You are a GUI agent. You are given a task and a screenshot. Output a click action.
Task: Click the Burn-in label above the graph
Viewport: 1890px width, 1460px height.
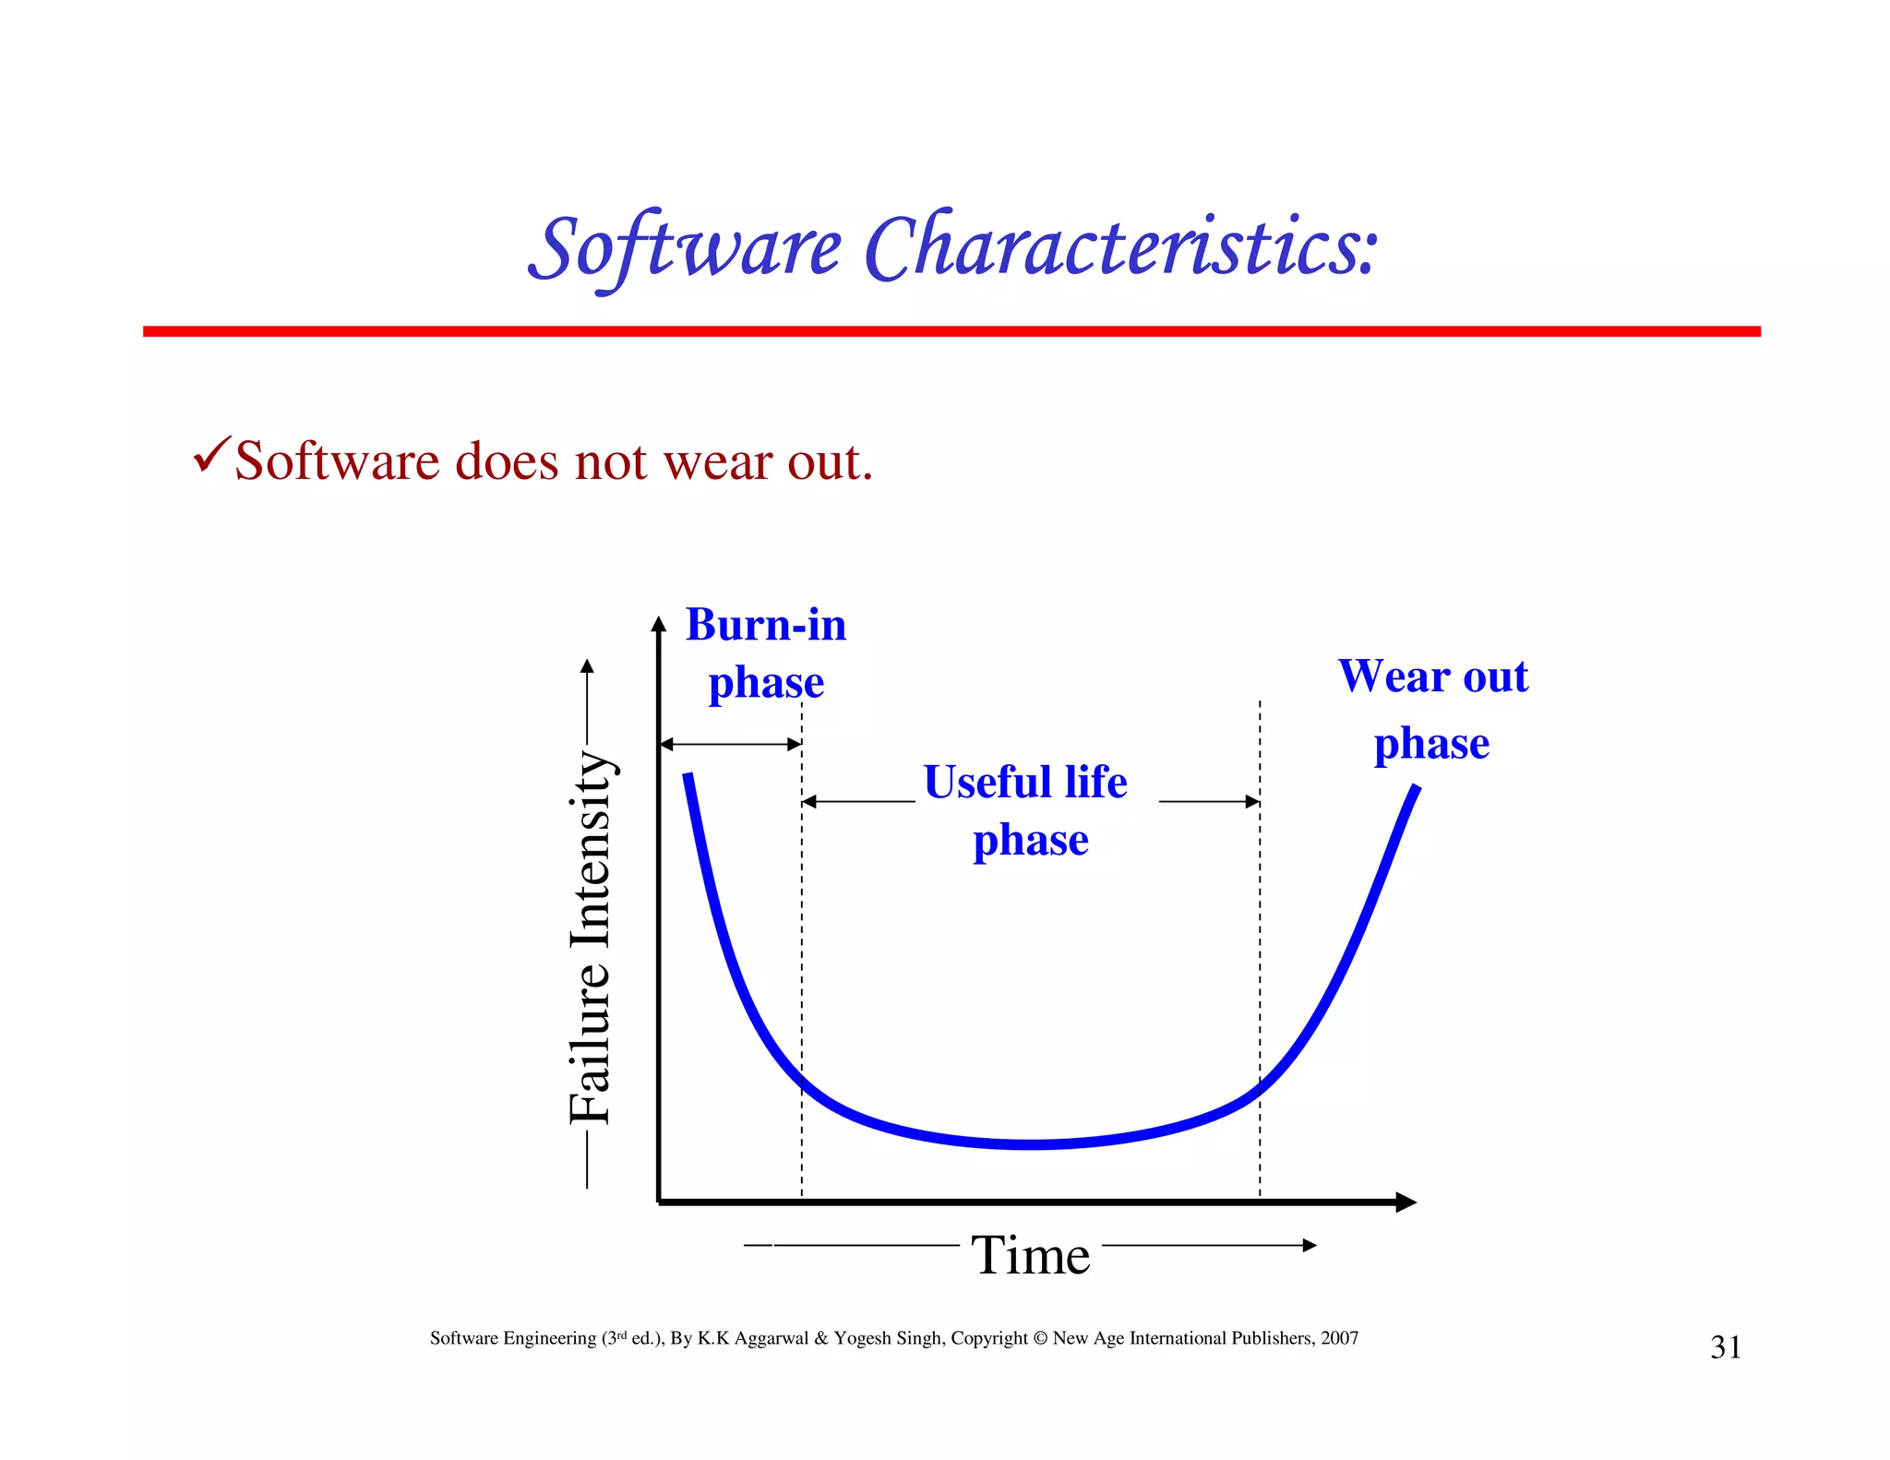pyautogui.click(x=765, y=625)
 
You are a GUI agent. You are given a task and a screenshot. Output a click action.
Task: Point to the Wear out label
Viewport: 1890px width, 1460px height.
pyautogui.click(x=1432, y=676)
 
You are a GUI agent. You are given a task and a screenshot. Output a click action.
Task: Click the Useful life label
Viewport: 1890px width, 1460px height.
pyautogui.click(x=1024, y=783)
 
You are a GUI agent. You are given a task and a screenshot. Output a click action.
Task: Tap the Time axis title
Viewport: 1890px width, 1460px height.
pyautogui.click(x=1030, y=1255)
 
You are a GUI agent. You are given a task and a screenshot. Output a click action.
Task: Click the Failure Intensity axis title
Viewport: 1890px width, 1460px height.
pyautogui.click(x=591, y=937)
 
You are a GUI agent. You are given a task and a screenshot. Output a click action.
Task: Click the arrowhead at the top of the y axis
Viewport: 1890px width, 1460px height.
pyautogui.click(x=658, y=625)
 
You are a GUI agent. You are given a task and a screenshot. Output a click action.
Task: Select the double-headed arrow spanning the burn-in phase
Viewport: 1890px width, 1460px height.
pyautogui.click(x=731, y=744)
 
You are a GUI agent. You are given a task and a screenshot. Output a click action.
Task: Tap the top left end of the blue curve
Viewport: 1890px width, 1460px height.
pyautogui.click(x=688, y=777)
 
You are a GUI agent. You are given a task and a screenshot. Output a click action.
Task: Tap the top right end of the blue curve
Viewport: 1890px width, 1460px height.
pyautogui.click(x=1416, y=789)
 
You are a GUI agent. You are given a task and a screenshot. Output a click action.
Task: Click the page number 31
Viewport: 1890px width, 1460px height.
pyautogui.click(x=1725, y=1347)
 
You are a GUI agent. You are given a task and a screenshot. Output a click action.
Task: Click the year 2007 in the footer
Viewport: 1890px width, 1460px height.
pyautogui.click(x=1339, y=1338)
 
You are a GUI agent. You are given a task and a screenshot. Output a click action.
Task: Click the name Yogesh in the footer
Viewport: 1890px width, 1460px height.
pyautogui.click(x=862, y=1339)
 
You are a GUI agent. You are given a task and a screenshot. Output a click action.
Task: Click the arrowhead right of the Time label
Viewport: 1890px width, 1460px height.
pyautogui.click(x=1310, y=1245)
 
